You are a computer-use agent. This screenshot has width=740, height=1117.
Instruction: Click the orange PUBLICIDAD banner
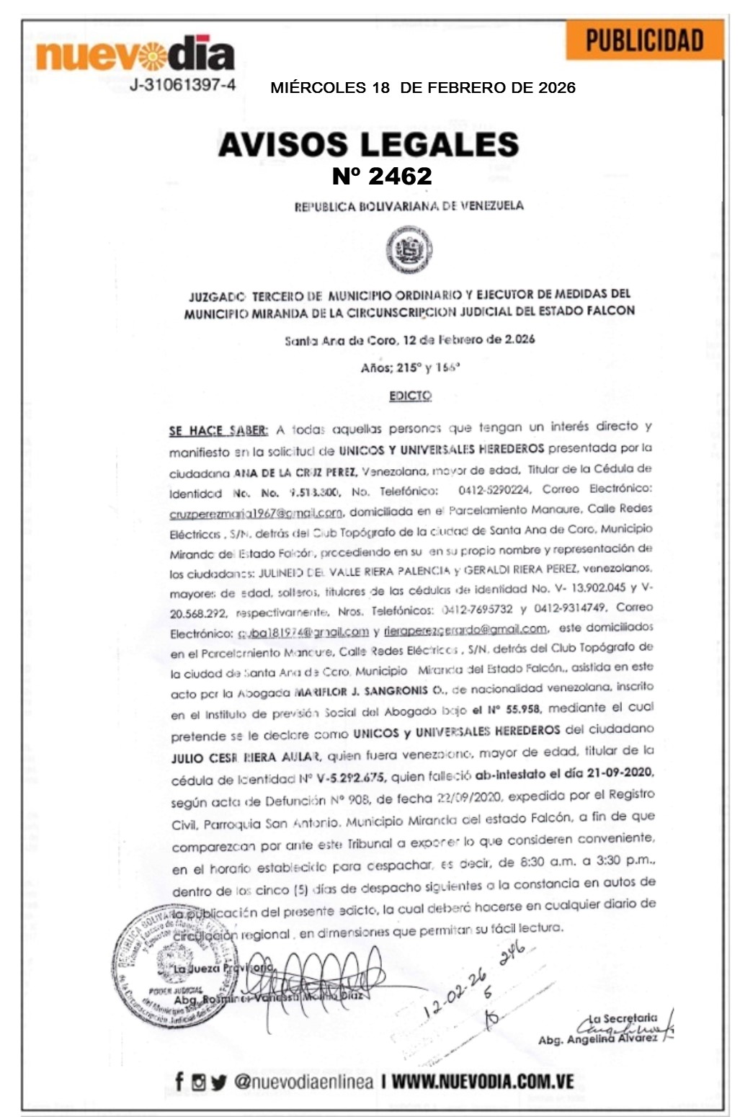click(x=643, y=40)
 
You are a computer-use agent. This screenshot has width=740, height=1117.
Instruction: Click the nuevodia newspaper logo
click(x=135, y=54)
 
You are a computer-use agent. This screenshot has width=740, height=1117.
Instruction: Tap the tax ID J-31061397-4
click(x=183, y=85)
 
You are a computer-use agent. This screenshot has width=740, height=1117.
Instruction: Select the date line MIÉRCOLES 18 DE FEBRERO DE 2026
click(x=423, y=88)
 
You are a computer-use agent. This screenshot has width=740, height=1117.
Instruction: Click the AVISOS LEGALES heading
click(x=368, y=144)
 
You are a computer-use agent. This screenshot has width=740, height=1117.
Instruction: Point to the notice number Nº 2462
click(x=382, y=176)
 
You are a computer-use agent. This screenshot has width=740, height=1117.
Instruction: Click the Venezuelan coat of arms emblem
click(x=409, y=250)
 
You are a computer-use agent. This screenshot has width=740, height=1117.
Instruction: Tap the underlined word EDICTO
click(x=410, y=396)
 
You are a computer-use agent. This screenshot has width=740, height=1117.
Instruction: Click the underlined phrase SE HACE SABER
click(x=218, y=431)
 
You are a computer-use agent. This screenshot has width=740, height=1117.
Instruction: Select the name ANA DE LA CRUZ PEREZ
click(x=295, y=473)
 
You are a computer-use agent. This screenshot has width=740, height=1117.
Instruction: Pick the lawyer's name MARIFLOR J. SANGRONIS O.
click(x=371, y=691)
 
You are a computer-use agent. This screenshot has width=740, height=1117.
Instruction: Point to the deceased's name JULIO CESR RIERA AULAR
click(x=246, y=757)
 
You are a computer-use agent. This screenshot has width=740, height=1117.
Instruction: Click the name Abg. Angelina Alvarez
click(x=597, y=1039)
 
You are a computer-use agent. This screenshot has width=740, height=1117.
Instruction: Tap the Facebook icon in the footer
click(x=179, y=1081)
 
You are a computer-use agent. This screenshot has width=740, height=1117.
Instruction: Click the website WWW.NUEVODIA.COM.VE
click(x=483, y=1081)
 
